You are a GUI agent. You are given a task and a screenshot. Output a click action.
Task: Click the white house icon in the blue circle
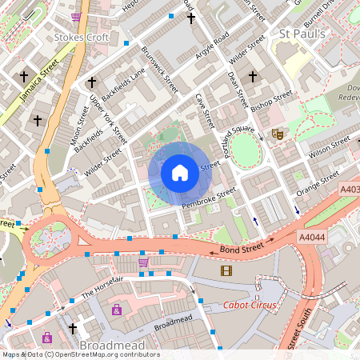point(180,173)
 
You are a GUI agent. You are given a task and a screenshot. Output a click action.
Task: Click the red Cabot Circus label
point(251,305)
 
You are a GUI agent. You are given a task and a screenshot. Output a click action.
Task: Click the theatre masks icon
point(278,134)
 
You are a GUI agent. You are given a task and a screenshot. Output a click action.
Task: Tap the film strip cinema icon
point(226,270)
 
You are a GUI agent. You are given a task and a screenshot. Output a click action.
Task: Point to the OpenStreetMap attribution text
point(80,354)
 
